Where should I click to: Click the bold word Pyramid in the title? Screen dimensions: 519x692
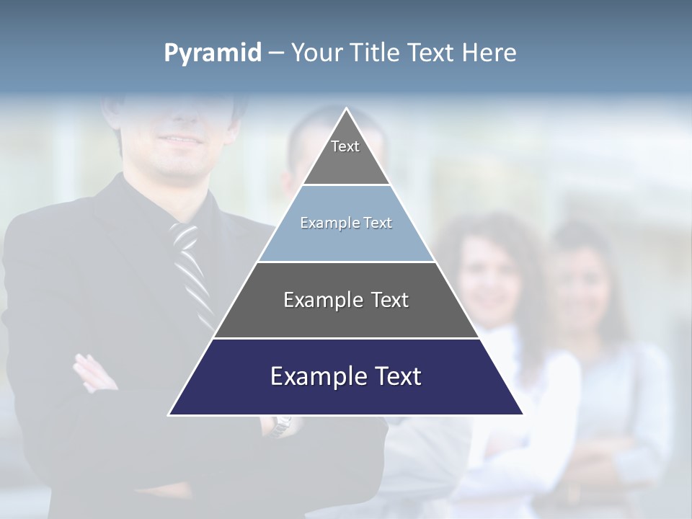click(x=213, y=53)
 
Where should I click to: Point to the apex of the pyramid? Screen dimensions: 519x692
click(x=346, y=110)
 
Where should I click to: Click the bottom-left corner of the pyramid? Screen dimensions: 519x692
click(x=170, y=414)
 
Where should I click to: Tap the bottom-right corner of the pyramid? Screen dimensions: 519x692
click(x=522, y=414)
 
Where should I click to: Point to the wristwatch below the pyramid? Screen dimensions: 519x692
click(x=282, y=425)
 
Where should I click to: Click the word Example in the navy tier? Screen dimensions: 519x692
click(x=313, y=376)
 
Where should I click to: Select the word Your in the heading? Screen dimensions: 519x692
click(x=316, y=53)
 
